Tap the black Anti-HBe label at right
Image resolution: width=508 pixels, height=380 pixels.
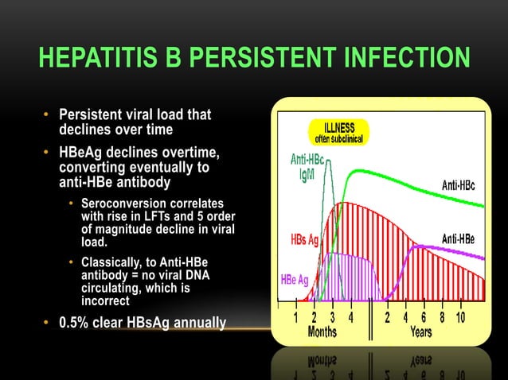459,238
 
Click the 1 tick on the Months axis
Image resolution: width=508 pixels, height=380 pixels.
296,317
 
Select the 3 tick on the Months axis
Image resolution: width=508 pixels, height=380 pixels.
332,317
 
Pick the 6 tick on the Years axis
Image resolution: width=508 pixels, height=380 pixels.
424,317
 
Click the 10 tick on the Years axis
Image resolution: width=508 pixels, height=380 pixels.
461,317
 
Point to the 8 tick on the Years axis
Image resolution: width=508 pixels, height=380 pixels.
441,317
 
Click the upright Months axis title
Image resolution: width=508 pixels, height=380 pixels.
322,332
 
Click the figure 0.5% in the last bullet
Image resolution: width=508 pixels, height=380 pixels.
80,323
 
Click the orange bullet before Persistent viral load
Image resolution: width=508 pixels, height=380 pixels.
47,115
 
